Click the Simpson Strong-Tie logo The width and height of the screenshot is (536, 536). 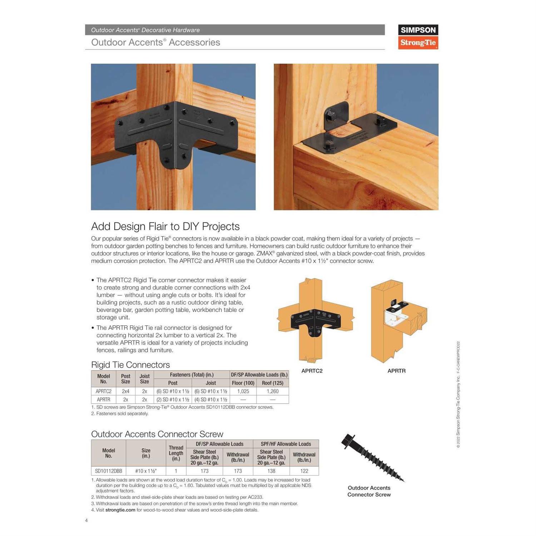click(418, 36)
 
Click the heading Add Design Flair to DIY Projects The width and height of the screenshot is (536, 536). click(165, 227)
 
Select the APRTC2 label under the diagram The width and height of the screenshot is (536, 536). click(312, 371)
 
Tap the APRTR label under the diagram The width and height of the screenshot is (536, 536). click(396, 371)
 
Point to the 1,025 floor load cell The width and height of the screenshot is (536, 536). click(243, 391)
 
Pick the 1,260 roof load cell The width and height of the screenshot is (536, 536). click(272, 391)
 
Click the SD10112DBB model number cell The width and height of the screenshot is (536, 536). click(108, 471)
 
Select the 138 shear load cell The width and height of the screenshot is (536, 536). click(271, 471)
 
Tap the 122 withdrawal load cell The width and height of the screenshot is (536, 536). click(304, 471)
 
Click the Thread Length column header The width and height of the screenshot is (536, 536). click(176, 453)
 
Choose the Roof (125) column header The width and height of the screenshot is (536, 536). click(272, 383)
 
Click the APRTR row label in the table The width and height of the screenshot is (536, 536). click(104, 399)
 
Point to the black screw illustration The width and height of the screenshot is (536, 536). click(372, 457)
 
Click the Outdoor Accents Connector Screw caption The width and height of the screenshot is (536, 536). click(369, 491)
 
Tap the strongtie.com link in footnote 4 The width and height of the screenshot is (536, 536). click(120, 510)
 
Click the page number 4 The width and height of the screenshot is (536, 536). click(86, 520)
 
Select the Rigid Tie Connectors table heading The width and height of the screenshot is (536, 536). click(130, 365)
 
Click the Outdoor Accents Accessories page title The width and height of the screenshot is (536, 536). click(155, 43)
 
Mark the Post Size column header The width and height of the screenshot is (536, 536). click(125, 379)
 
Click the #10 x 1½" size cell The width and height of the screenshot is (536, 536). click(146, 471)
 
